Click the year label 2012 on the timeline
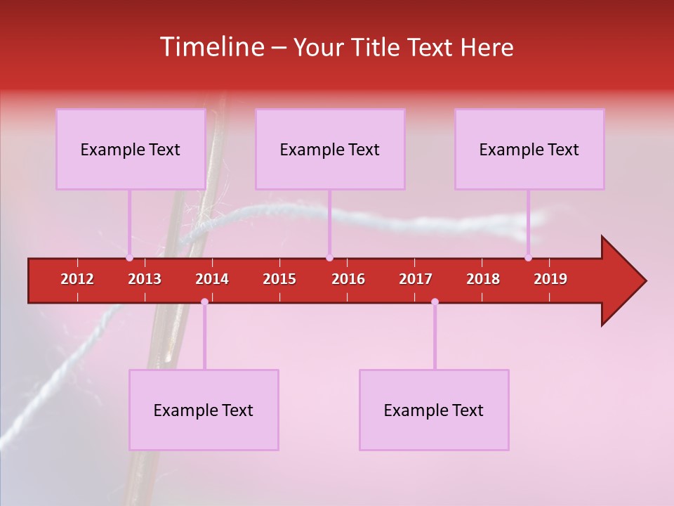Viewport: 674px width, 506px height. point(77,279)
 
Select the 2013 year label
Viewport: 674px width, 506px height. point(145,279)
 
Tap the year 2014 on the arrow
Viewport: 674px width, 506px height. point(212,279)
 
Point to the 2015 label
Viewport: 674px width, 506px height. point(279,279)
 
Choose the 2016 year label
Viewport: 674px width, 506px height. point(348,279)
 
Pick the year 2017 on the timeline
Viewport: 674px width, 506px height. point(416,279)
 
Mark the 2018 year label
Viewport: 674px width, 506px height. point(483,279)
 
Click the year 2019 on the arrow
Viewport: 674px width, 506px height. point(550,279)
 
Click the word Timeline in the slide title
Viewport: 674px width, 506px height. point(211,47)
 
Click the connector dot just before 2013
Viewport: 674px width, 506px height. point(129,258)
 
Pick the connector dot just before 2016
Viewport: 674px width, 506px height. point(329,258)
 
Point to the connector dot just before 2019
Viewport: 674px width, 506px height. point(528,258)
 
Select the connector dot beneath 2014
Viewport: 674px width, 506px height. point(204,301)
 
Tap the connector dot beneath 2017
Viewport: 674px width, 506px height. point(435,301)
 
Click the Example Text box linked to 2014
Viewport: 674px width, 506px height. point(204,410)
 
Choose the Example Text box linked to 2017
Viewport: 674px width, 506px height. point(434,410)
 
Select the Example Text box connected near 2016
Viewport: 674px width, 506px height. point(330,149)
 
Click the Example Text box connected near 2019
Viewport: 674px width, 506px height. point(529,149)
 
